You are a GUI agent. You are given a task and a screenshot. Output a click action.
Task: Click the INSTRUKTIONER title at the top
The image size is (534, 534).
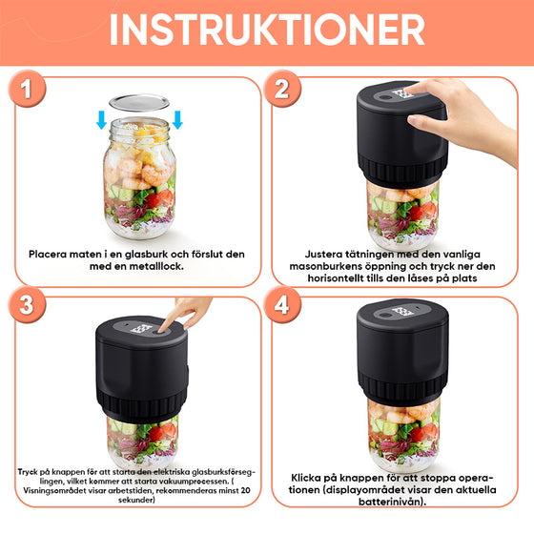tap(267, 29)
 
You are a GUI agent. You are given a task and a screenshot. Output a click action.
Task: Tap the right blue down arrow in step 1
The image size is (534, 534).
tap(177, 121)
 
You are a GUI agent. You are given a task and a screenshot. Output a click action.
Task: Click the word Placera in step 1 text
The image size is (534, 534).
tap(52, 255)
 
